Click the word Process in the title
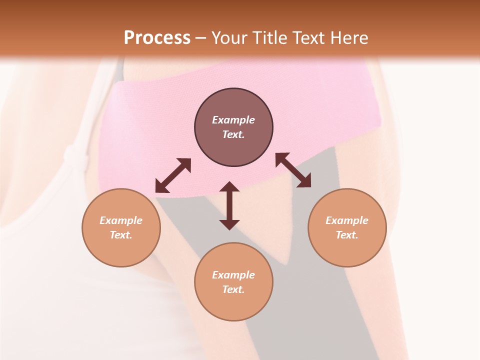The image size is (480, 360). click(157, 38)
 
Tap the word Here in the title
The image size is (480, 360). click(348, 38)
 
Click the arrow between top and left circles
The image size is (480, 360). click(173, 175)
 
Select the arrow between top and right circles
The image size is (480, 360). click(293, 170)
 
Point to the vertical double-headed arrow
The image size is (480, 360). click(229, 205)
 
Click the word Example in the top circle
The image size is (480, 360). click(233, 120)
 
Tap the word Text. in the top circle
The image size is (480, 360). click(233, 134)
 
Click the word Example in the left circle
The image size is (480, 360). click(121, 220)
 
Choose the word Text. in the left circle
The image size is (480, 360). click(121, 235)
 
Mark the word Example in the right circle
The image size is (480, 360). click(347, 220)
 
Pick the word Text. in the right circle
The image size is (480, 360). click(347, 235)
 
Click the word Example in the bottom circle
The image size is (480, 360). click(233, 275)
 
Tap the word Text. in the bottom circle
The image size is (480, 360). click(233, 289)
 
